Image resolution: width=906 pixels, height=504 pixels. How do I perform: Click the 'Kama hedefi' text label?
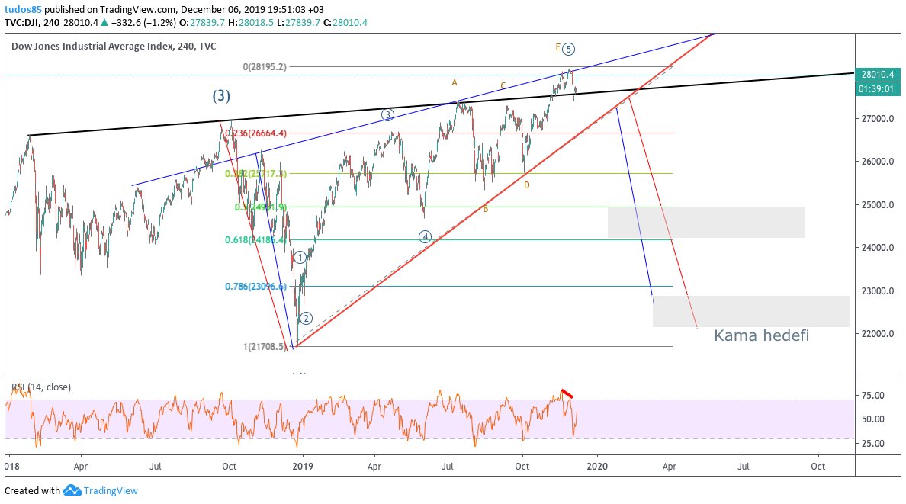click(761, 335)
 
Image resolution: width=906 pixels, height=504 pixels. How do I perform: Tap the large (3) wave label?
click(221, 96)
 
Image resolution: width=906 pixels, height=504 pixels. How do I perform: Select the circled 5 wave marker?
click(570, 49)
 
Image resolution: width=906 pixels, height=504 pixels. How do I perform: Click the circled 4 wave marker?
click(426, 236)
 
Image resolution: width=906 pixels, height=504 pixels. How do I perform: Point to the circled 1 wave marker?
click(300, 258)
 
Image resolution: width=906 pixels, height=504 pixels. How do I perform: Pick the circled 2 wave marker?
click(305, 318)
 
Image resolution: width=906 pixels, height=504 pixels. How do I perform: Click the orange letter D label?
click(526, 185)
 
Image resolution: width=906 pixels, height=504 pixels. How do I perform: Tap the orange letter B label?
click(485, 207)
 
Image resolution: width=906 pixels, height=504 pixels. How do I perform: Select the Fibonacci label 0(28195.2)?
click(265, 67)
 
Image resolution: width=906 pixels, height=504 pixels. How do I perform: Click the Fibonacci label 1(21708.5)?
click(265, 346)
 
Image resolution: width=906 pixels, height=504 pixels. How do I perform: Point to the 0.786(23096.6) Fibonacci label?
click(255, 287)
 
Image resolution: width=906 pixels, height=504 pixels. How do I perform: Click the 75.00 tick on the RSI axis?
click(875, 395)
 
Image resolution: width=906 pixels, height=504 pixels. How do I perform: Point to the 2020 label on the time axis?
click(597, 464)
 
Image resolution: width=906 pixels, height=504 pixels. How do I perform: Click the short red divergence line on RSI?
click(567, 393)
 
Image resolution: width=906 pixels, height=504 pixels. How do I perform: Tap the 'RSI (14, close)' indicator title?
click(41, 387)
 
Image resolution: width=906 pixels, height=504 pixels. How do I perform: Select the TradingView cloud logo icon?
click(72, 490)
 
